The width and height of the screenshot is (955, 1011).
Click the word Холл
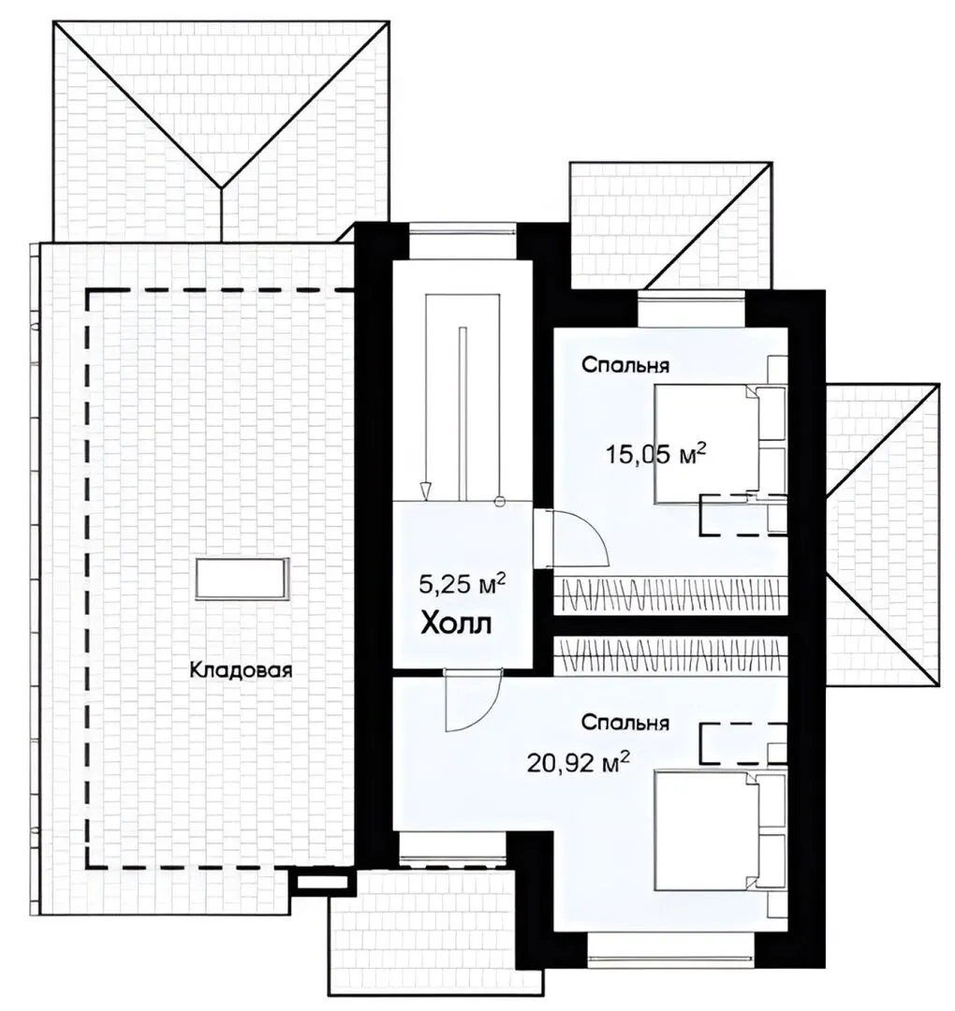pos(456,624)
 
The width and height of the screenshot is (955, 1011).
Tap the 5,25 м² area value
pos(462,584)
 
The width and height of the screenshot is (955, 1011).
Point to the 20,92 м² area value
pos(579,764)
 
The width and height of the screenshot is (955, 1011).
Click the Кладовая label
pos(241,670)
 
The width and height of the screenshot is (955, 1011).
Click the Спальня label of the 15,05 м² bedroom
pos(624,365)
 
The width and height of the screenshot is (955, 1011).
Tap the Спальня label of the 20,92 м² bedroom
pos(624,722)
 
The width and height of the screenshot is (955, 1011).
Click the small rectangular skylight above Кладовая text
pos(242,579)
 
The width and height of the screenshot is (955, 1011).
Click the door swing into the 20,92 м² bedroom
pos(473,701)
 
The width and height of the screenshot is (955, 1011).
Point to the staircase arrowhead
pos(424,492)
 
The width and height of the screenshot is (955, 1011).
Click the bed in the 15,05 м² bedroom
pos(721,444)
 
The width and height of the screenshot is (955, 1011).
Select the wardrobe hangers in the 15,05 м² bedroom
pos(670,593)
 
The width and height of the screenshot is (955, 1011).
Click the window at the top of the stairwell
pos(463,242)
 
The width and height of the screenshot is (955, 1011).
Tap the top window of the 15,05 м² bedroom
pos(691,310)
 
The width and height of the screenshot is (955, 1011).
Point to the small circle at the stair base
pos(498,501)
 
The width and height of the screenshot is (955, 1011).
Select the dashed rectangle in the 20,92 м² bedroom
pos(742,744)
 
